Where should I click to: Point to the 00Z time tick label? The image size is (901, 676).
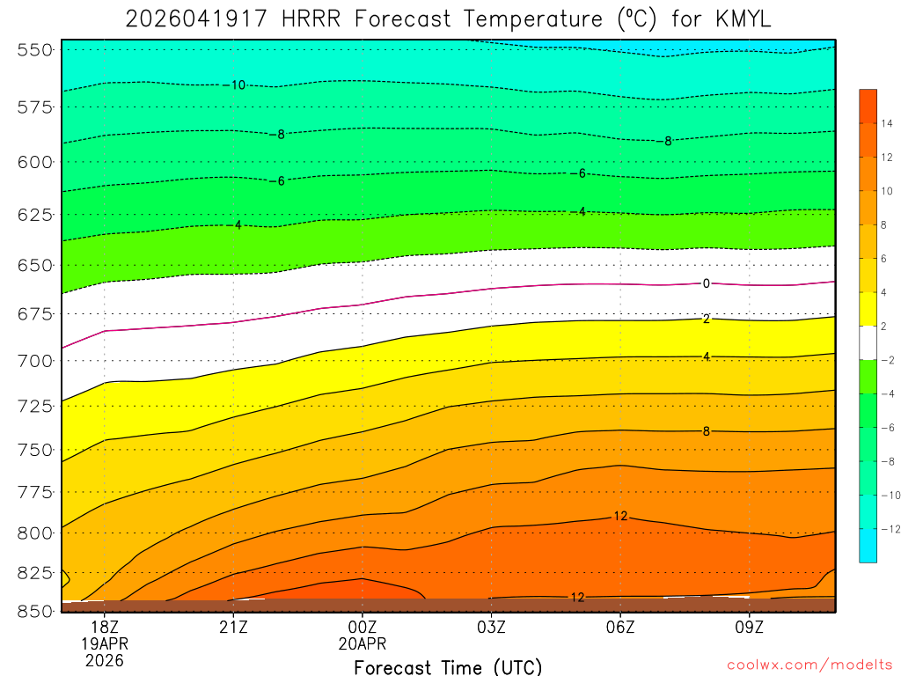(x=363, y=627)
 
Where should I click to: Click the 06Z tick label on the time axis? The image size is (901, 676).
(x=620, y=627)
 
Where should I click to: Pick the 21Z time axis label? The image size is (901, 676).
(x=233, y=627)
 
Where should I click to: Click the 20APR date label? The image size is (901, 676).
(x=363, y=643)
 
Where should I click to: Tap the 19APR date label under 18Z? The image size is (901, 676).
(x=104, y=643)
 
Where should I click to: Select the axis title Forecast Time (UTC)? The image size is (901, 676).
(x=448, y=666)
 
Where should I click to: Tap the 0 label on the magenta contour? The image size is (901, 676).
(x=706, y=283)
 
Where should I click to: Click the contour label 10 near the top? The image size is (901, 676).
(x=238, y=85)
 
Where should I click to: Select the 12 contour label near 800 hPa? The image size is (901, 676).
(x=620, y=516)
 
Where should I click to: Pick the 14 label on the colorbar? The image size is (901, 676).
(x=886, y=124)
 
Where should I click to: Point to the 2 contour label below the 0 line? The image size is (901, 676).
(x=706, y=319)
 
